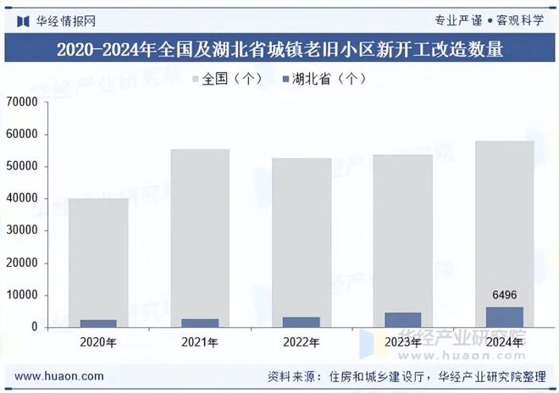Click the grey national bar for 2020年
pyautogui.click(x=98, y=254)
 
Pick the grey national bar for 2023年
pyautogui.click(x=403, y=229)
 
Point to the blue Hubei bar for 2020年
pyautogui.click(x=98, y=324)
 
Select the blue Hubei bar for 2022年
pyautogui.click(x=302, y=323)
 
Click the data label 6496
pyautogui.click(x=505, y=296)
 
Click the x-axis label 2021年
pyautogui.click(x=200, y=342)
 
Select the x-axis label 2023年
pyautogui.click(x=403, y=342)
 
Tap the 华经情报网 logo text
pyautogui.click(x=63, y=19)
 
